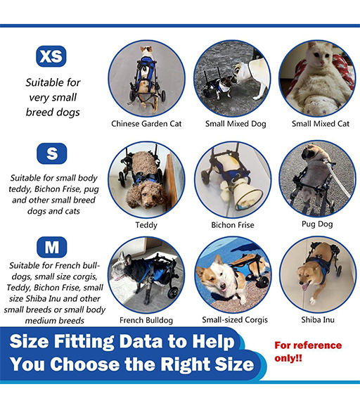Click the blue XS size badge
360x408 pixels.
click(x=51, y=56)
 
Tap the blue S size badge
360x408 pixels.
click(x=52, y=153)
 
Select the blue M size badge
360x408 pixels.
click(x=52, y=247)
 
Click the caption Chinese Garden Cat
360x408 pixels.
click(x=146, y=124)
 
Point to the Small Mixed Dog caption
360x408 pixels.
click(x=236, y=124)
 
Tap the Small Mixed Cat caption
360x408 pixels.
click(x=321, y=124)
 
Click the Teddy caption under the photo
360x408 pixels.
click(x=146, y=225)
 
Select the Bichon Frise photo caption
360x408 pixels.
click(x=233, y=225)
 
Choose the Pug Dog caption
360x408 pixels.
click(x=317, y=224)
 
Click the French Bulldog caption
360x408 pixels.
click(x=146, y=320)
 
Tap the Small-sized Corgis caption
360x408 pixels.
click(x=235, y=319)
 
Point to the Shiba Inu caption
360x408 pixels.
click(x=318, y=319)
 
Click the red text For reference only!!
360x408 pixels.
click(x=308, y=352)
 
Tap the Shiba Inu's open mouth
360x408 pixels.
click(x=305, y=287)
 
